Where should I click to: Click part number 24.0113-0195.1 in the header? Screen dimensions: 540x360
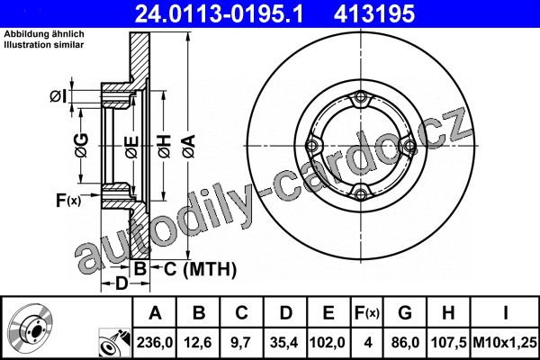click(x=219, y=13)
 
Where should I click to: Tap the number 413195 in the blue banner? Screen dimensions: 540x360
click(x=374, y=13)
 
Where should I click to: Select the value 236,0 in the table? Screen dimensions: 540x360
click(x=155, y=342)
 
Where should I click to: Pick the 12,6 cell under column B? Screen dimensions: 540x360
click(x=198, y=342)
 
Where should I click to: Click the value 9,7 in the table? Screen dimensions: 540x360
click(x=241, y=342)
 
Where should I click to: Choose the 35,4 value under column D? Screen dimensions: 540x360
click(x=284, y=342)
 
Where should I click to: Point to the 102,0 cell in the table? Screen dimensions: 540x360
click(x=328, y=342)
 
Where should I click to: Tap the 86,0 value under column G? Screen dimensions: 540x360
click(x=405, y=342)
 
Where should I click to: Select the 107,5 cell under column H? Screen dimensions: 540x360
click(x=448, y=342)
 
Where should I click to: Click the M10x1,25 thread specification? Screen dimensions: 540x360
click(x=505, y=342)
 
